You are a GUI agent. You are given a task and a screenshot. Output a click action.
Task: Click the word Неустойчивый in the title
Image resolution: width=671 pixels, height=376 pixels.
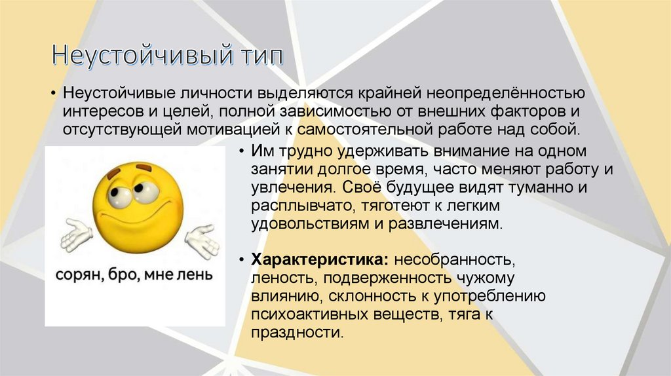click(138, 56)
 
